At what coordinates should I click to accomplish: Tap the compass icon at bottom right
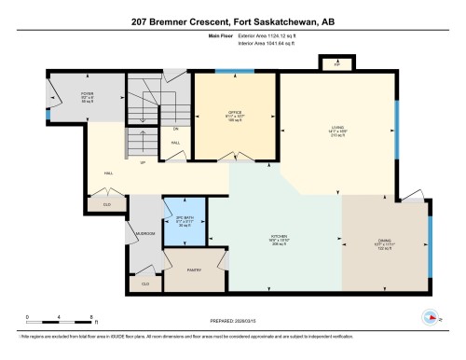click(431, 316)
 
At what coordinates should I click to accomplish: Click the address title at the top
click(232, 20)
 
